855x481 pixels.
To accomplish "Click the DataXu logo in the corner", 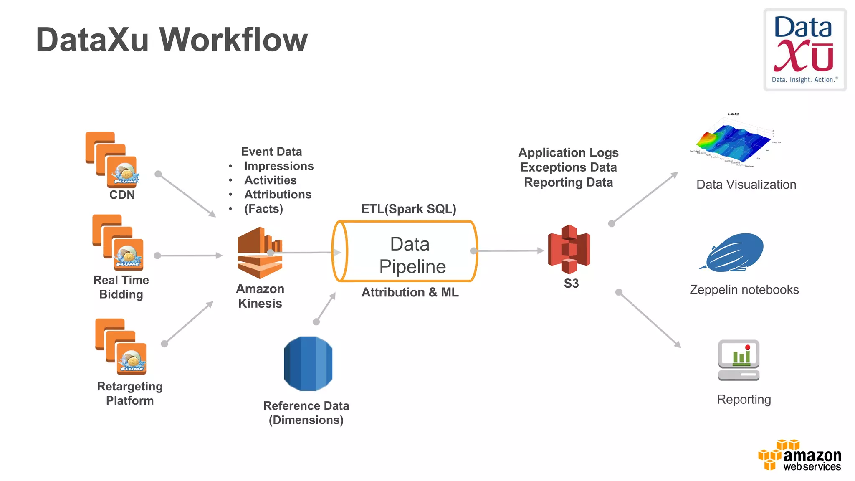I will tap(804, 49).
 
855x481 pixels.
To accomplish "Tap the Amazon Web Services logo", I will tap(799, 456).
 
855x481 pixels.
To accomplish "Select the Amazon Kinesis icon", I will tap(260, 253).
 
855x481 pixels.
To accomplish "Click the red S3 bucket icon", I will tap(569, 249).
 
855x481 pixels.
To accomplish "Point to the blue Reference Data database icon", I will tap(308, 364).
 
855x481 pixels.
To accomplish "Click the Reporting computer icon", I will tap(739, 360).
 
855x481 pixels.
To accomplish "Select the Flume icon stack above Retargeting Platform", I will tap(121, 347).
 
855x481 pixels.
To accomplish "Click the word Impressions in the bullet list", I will tap(279, 166).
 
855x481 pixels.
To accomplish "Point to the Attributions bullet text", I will tap(278, 195).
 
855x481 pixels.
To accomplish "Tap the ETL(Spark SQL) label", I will tap(408, 209).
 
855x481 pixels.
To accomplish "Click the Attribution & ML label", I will tap(410, 292).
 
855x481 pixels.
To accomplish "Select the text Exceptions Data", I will tap(568, 167).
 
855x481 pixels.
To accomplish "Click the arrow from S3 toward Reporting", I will tap(649, 319).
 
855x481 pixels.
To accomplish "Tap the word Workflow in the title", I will tap(233, 40).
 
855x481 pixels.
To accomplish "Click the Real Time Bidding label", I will tap(121, 287).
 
